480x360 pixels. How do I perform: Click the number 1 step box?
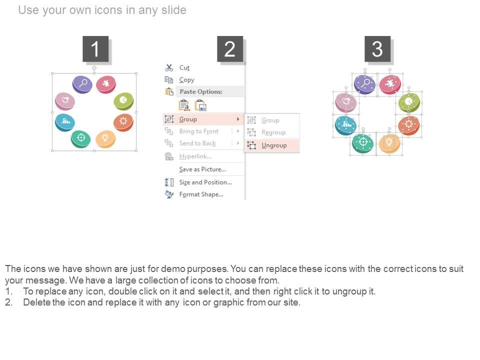[95, 49]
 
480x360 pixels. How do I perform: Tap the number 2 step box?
[229, 49]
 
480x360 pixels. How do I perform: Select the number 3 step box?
[377, 49]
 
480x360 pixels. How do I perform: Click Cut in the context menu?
[184, 67]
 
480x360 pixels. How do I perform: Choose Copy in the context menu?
[186, 80]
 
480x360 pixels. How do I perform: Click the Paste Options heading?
[201, 92]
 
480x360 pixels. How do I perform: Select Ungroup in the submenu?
[274, 145]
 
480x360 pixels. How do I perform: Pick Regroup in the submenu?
[273, 132]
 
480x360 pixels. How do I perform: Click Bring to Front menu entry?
[198, 131]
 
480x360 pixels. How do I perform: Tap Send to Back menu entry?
[197, 143]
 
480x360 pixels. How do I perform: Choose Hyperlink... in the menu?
[195, 156]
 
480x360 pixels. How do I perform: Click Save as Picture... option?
[202, 169]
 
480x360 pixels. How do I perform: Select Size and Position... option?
[205, 182]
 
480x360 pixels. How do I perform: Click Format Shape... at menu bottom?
[201, 194]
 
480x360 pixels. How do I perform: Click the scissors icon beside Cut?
[169, 67]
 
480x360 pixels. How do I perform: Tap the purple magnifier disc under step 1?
[82, 83]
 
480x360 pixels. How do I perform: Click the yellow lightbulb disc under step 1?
[105, 138]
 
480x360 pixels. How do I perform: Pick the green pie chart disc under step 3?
[408, 102]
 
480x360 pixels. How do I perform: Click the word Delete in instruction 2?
[36, 302]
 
